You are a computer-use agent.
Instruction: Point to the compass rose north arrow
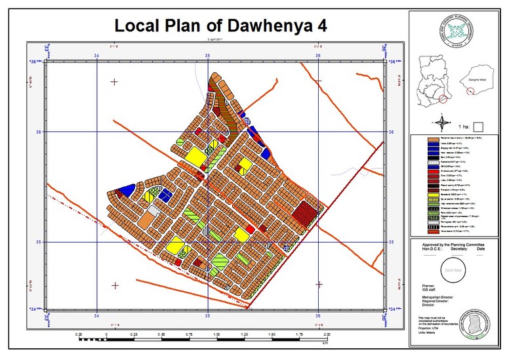pos(443,121)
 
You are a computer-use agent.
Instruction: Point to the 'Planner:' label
pos(428,286)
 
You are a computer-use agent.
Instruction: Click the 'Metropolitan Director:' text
pos(438,297)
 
